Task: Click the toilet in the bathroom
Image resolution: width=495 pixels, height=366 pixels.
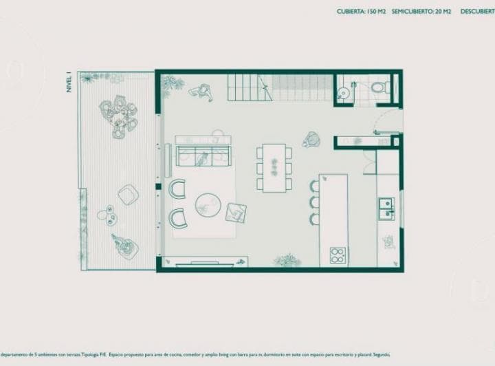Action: coord(380,88)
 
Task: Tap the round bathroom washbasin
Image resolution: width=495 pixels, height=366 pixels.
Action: coord(344,89)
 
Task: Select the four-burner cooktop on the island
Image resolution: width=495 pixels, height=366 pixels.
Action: coord(338,255)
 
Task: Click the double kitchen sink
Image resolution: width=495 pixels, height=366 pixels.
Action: coord(386,208)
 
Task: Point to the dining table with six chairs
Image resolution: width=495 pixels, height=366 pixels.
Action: coord(274,166)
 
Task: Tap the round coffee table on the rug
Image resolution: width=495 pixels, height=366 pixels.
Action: coord(207,204)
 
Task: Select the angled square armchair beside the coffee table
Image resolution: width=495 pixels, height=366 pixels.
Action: coord(236,213)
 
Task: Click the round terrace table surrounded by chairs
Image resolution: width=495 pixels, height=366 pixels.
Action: coord(119,115)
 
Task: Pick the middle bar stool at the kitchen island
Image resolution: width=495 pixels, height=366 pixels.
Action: coord(314,202)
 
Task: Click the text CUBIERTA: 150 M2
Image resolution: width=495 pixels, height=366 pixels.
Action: coord(361,12)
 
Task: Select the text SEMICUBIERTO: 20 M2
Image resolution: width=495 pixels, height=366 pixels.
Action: coord(421,12)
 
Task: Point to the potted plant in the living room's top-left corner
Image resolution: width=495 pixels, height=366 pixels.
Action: coord(171,83)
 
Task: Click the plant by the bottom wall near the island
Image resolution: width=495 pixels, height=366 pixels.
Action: coord(286,260)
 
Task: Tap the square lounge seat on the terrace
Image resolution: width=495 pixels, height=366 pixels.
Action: coord(128,195)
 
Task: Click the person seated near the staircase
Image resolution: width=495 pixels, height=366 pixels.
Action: coord(201,91)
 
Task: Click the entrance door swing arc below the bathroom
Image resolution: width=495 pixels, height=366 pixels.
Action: coord(384,122)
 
